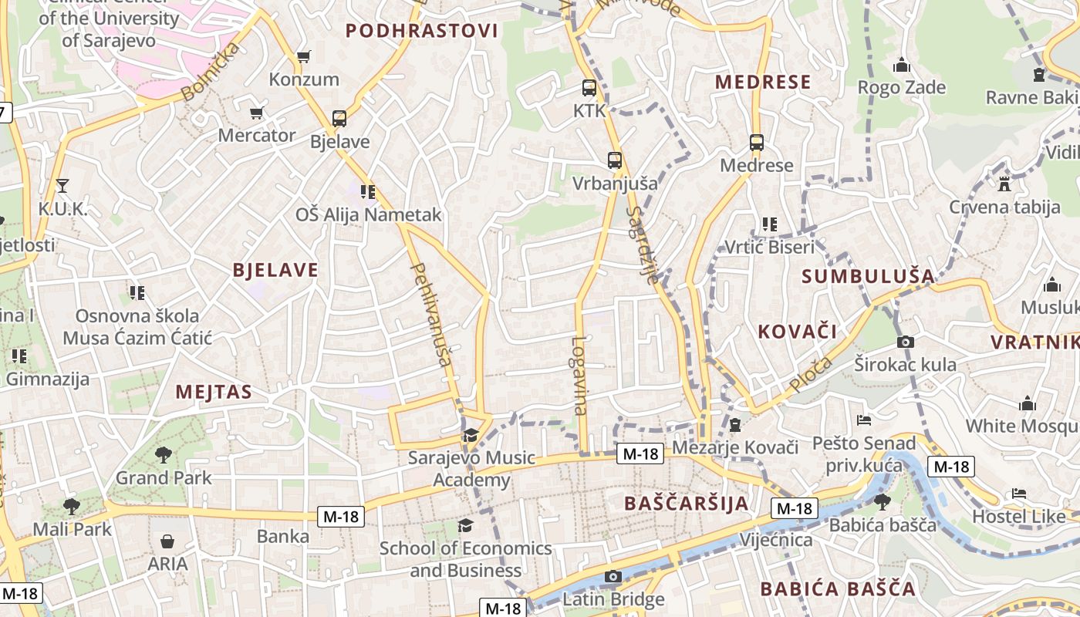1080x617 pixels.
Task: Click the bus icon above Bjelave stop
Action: pos(339,119)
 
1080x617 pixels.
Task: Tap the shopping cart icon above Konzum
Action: pos(304,56)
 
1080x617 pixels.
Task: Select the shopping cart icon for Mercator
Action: pos(257,113)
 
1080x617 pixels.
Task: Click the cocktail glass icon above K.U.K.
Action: pos(62,186)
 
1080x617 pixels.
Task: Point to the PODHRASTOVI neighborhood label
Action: pos(421,31)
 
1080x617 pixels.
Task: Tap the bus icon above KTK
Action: pos(589,88)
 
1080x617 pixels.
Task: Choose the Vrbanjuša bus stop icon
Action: pos(614,160)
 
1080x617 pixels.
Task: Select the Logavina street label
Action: pos(579,376)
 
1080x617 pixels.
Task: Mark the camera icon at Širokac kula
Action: pos(906,342)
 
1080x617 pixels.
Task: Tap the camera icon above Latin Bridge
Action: pos(613,576)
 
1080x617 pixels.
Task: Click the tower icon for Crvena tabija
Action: pos(1004,184)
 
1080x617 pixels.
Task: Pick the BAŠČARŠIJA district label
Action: pos(686,504)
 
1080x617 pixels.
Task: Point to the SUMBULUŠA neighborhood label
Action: pos(868,276)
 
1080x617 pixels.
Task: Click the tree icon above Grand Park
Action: pos(163,455)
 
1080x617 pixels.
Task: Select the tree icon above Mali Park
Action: pos(72,507)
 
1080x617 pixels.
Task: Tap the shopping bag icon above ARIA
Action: pos(167,542)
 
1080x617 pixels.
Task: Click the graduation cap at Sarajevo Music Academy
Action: pos(471,436)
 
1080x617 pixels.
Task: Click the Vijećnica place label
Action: pos(776,540)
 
